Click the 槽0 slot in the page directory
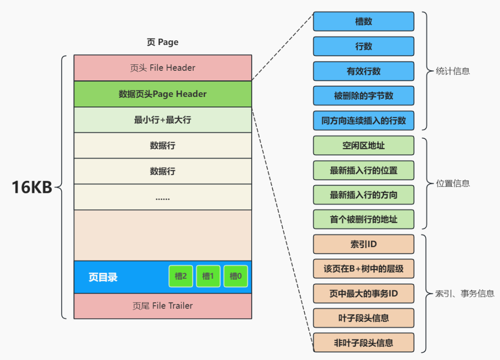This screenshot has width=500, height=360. click(x=236, y=276)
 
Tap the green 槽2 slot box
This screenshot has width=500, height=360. click(x=180, y=276)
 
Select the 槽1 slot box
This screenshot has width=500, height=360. click(x=208, y=276)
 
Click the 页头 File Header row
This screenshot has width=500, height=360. click(x=163, y=68)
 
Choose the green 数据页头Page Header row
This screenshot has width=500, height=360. click(x=163, y=94)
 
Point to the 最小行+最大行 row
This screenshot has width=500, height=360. click(x=163, y=120)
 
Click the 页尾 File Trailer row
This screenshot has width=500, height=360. click(x=163, y=306)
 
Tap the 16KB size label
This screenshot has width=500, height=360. click(x=32, y=187)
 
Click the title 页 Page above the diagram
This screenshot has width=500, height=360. click(x=163, y=42)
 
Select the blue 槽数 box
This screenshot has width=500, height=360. click(x=364, y=22)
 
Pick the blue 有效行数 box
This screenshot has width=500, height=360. click(x=364, y=71)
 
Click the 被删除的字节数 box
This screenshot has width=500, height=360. click(x=364, y=96)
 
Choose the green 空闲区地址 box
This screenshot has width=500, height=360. click(x=364, y=146)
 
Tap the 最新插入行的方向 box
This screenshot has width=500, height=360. click(x=364, y=195)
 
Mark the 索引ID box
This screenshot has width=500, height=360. click(x=364, y=244)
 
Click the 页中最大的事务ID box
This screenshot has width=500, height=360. click(x=364, y=293)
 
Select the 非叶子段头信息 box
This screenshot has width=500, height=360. click(x=364, y=343)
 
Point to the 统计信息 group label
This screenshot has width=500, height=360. click(x=453, y=72)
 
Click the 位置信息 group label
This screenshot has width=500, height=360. click(x=453, y=184)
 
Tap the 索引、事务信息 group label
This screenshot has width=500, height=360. click(x=464, y=293)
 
